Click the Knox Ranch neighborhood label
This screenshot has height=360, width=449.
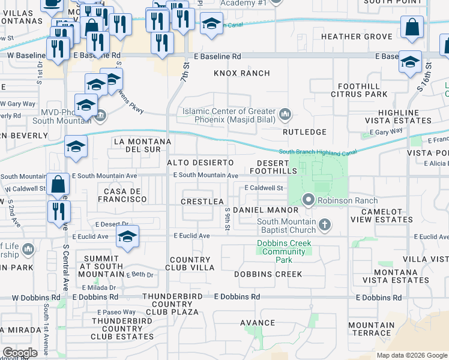click(x=242, y=73)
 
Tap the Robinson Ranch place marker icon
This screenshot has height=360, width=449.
click(x=309, y=199)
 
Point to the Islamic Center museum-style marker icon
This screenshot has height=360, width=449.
click(x=285, y=113)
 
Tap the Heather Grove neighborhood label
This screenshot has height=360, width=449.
click(x=358, y=37)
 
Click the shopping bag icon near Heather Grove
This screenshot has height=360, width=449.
click(x=412, y=28)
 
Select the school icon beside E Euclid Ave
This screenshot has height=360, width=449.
click(x=127, y=237)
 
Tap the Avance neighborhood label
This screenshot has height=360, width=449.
click(x=258, y=323)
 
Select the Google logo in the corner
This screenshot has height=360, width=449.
click(x=19, y=353)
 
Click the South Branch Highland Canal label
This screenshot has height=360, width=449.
click(x=318, y=152)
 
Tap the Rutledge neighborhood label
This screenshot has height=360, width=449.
click(x=305, y=132)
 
